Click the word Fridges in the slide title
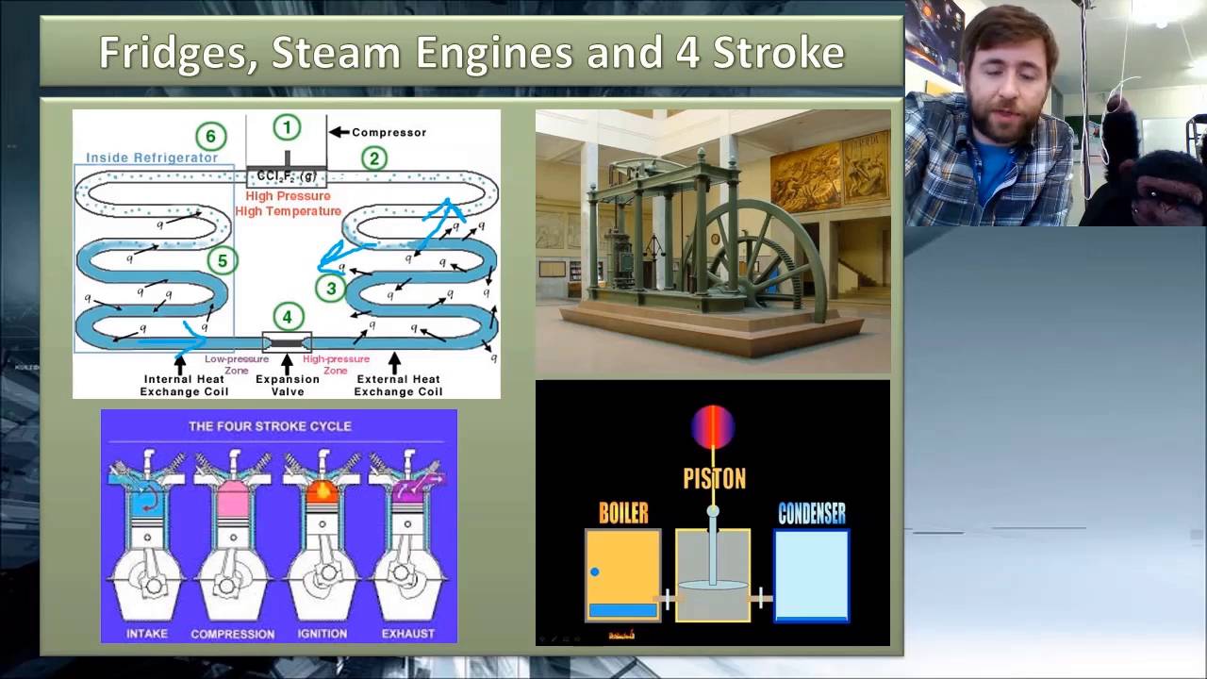click(175, 53)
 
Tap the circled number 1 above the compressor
click(287, 127)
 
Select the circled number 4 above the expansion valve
click(288, 317)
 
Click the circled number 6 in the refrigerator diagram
click(210, 137)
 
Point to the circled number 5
click(222, 260)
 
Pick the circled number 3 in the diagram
click(330, 289)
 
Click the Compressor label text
click(389, 133)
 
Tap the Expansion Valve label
click(288, 385)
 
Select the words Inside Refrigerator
click(152, 157)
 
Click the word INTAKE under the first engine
click(146, 634)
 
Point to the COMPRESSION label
click(233, 634)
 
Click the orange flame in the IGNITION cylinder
click(322, 490)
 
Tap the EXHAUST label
click(408, 634)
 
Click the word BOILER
click(623, 513)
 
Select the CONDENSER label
click(811, 513)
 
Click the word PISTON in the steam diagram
click(714, 479)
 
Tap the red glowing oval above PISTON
click(712, 426)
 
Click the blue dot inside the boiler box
click(595, 571)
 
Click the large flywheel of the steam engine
click(754, 255)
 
